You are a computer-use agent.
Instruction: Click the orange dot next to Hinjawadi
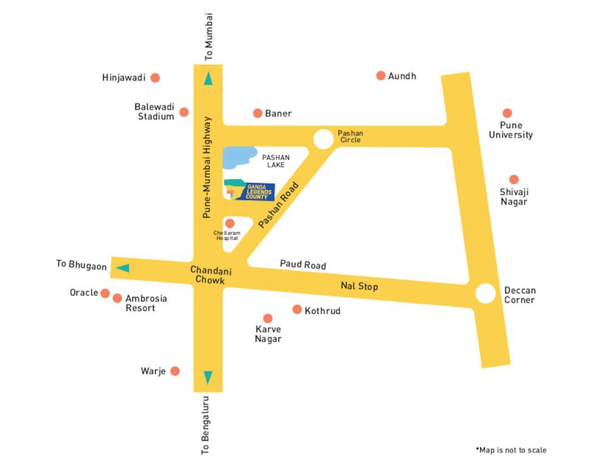(x=155, y=78)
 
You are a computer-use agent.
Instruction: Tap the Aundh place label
(x=402, y=76)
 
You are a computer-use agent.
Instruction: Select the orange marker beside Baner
(x=257, y=113)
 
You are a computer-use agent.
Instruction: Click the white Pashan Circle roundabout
(x=323, y=139)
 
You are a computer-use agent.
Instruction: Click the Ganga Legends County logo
(x=249, y=191)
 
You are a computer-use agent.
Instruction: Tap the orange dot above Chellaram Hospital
(x=229, y=223)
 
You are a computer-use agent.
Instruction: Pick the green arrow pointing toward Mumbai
(x=208, y=78)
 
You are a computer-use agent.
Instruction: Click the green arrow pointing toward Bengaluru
(x=208, y=377)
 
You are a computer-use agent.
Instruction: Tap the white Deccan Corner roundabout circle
(x=486, y=294)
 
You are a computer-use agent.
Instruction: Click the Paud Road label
(x=302, y=265)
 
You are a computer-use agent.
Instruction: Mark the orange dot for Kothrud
(x=297, y=309)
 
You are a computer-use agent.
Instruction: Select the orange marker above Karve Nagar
(x=268, y=319)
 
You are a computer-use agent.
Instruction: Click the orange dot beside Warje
(x=175, y=371)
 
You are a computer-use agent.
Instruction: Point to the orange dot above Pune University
(x=507, y=113)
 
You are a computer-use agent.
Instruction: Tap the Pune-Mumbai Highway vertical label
(x=208, y=167)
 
